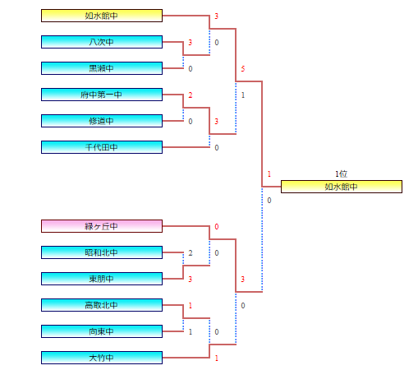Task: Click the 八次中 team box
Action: point(102,42)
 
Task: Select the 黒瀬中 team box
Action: point(102,68)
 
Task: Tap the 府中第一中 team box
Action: point(102,95)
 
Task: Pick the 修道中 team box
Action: point(102,121)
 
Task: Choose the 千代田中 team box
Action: point(102,147)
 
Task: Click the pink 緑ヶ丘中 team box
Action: point(102,226)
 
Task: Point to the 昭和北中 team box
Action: point(102,252)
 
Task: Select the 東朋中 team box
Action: point(102,279)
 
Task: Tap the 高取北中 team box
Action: point(102,305)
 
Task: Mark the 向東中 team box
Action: point(102,331)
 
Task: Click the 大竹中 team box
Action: point(102,358)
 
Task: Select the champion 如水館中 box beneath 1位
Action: point(342,187)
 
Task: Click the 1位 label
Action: point(341,173)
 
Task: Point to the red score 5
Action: point(243,69)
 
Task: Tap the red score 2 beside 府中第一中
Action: point(191,95)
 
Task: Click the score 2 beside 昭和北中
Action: point(191,253)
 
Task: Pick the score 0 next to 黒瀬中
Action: point(191,69)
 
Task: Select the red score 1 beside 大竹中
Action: point(217,358)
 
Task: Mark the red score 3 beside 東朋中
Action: point(191,280)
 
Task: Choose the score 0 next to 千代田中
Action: point(217,148)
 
